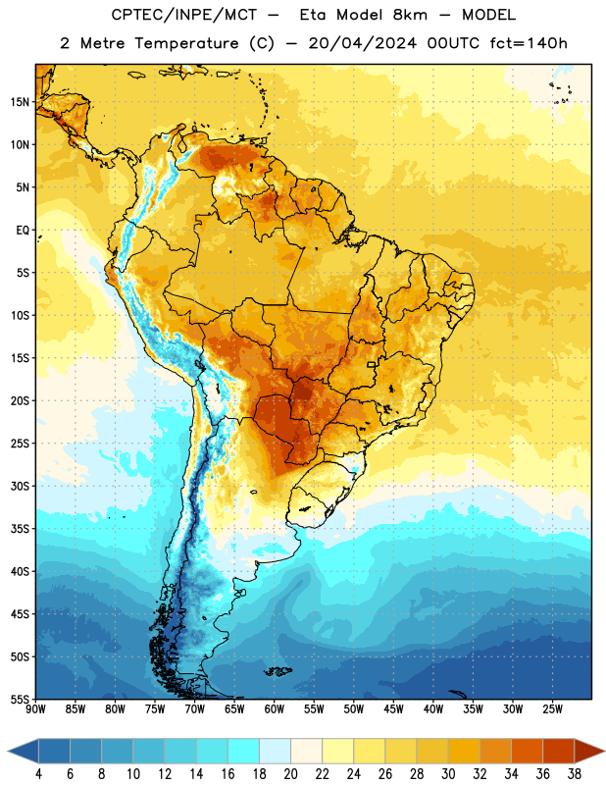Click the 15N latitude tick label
point(20,102)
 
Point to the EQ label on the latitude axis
point(23,231)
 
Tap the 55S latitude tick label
point(20,699)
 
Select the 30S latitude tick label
point(20,486)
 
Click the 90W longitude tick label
point(35,708)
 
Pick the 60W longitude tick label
point(275,708)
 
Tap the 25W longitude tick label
point(552,708)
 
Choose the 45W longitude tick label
point(393,708)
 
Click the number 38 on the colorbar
point(575,774)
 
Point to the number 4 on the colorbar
point(38,774)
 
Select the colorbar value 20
point(290,774)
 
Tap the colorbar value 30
point(448,774)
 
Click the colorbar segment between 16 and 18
point(244,752)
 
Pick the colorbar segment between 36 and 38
point(559,752)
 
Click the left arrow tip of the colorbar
point(8,752)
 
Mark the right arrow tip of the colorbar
point(605,752)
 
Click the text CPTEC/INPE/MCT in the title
point(184,15)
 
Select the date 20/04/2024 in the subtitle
point(362,43)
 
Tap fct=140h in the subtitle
point(529,43)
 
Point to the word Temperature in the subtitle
point(186,43)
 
